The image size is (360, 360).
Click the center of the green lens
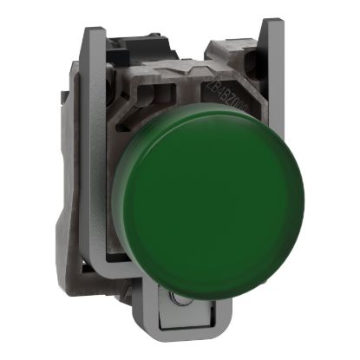click(x=189, y=190)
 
